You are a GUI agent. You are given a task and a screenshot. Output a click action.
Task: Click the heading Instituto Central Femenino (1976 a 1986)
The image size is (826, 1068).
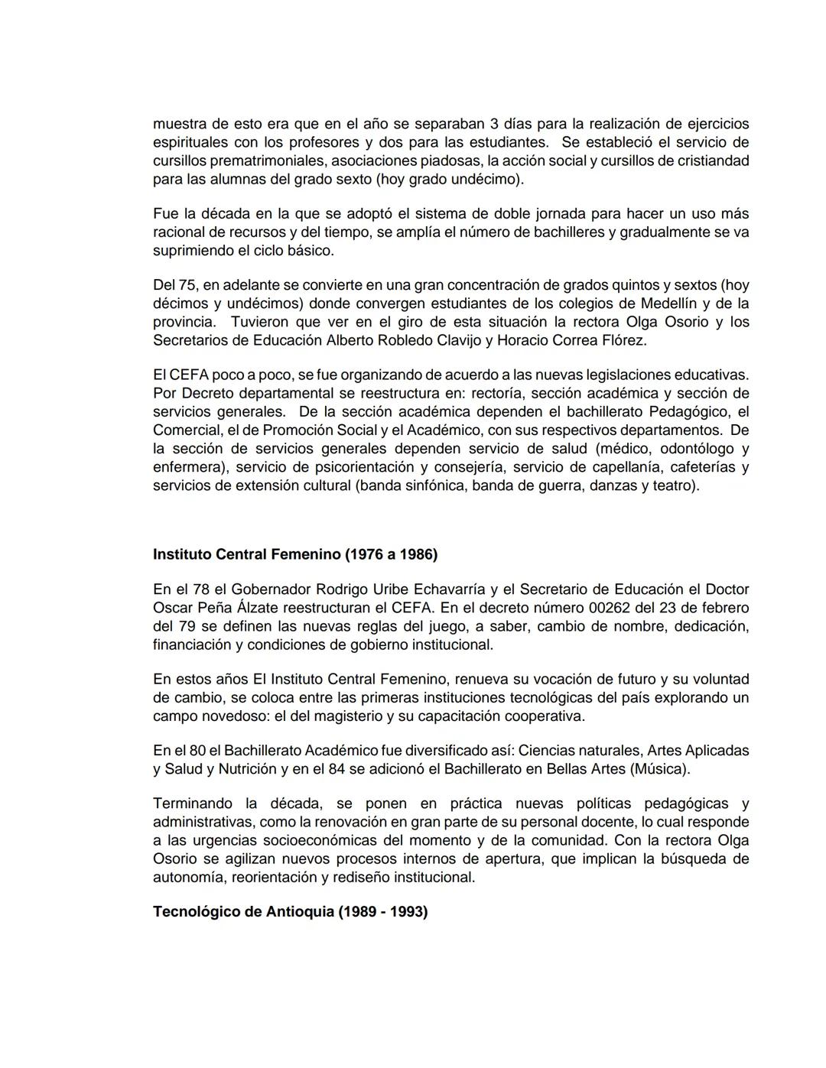(295, 554)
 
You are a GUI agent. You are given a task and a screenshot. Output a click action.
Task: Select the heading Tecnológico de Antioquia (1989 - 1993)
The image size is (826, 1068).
(290, 912)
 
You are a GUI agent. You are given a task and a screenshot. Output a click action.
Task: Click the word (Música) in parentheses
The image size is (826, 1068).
(660, 769)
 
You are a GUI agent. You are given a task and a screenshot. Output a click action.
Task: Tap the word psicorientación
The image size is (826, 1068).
(359, 467)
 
